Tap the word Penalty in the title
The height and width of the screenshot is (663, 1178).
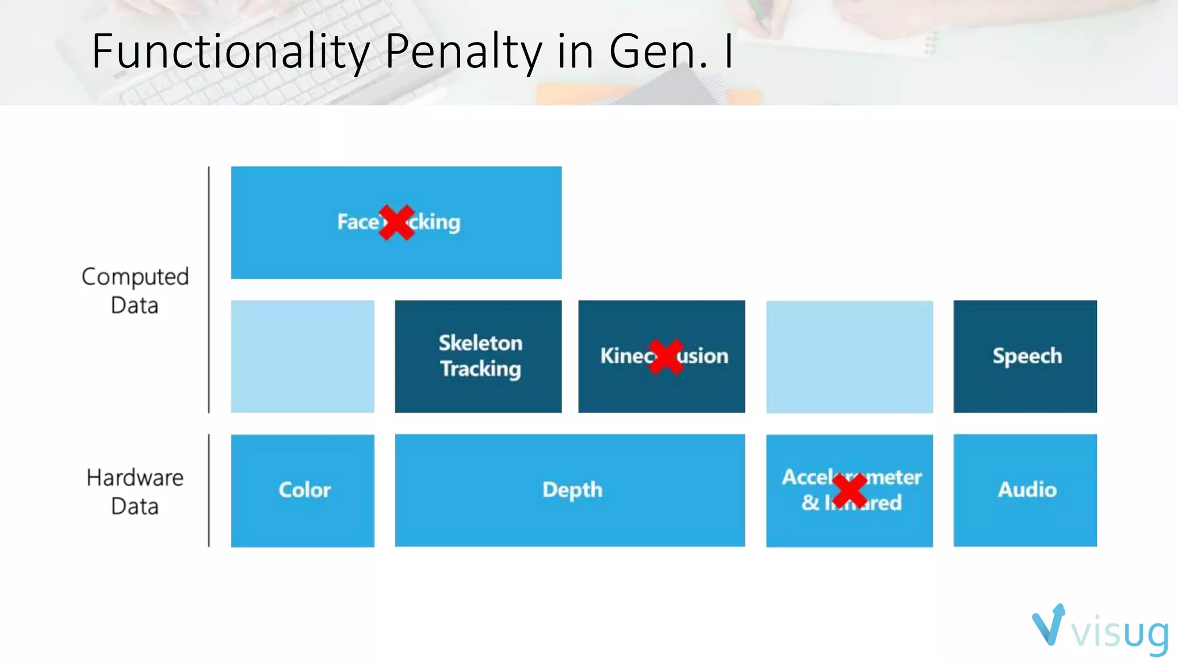pyautogui.click(x=463, y=52)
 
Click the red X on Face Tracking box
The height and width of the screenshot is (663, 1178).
pyautogui.click(x=397, y=222)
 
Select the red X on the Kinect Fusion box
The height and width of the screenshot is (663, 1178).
pyautogui.click(x=666, y=356)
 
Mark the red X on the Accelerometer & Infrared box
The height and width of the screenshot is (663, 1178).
pyautogui.click(x=850, y=491)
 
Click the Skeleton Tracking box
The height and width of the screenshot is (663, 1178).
pyautogui.click(x=479, y=356)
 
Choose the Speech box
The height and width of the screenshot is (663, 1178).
pyautogui.click(x=1026, y=356)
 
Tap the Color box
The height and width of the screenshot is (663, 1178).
pyautogui.click(x=303, y=490)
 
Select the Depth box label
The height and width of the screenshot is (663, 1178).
pyautogui.click(x=572, y=490)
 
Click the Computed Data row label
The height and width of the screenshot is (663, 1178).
pyautogui.click(x=135, y=291)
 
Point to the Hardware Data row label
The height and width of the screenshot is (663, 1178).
pyautogui.click(x=135, y=491)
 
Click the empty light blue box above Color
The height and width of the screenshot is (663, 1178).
pyautogui.click(x=303, y=356)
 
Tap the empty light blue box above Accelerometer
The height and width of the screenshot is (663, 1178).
pyautogui.click(x=850, y=356)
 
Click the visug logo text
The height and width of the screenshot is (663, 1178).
pyautogui.click(x=1119, y=633)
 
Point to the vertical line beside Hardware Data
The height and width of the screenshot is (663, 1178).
pyautogui.click(x=209, y=490)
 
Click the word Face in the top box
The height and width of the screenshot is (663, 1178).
pyautogui.click(x=357, y=222)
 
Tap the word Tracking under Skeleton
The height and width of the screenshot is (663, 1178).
pyautogui.click(x=480, y=369)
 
